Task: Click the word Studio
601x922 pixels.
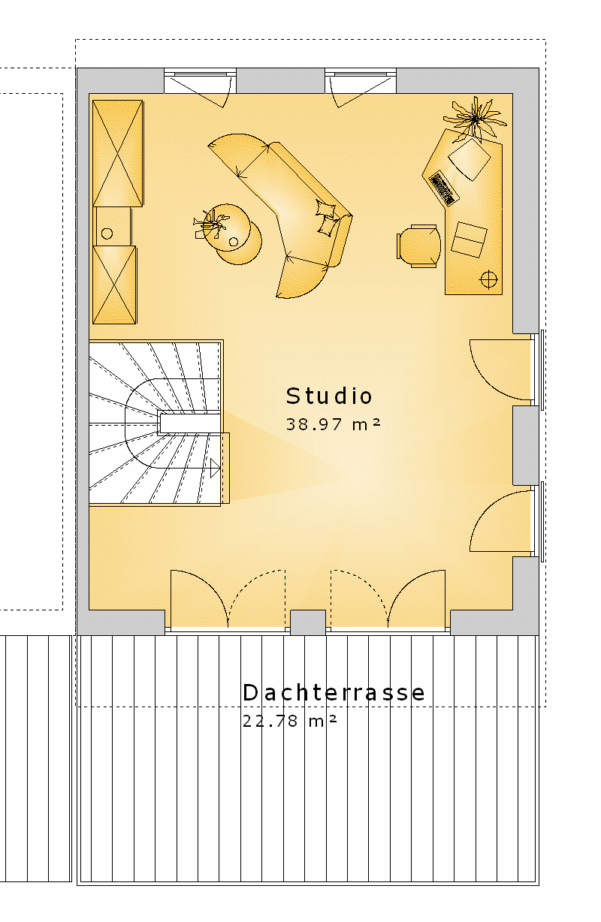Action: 329,396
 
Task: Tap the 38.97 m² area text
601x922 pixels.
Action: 333,424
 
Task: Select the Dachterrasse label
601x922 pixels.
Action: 334,692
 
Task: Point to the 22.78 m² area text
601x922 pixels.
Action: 289,721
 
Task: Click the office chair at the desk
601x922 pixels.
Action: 418,246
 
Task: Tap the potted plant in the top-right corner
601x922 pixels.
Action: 475,119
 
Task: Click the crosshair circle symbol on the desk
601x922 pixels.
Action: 488,280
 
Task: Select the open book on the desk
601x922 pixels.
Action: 470,240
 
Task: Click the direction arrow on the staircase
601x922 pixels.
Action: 215,468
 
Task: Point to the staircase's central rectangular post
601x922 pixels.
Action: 189,423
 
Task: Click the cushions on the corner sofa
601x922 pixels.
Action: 328,218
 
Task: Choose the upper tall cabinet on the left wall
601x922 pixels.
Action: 118,153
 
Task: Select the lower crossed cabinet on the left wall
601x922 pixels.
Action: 114,285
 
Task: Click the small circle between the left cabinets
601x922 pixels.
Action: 107,234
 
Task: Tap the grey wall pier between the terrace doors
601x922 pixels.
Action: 308,622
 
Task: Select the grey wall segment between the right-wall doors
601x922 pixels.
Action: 526,445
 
